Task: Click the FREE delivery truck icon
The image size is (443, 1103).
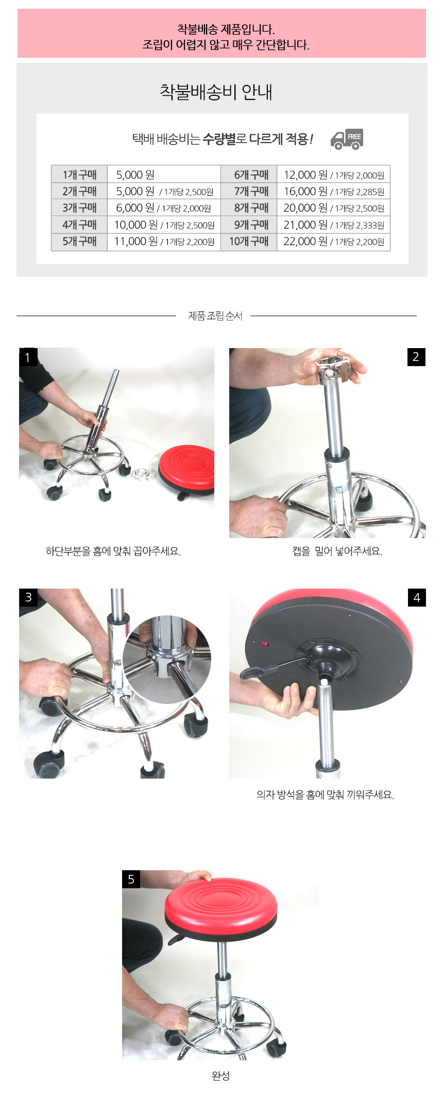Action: coord(347,139)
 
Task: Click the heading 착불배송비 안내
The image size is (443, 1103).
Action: coord(216,92)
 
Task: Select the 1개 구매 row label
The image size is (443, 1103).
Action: coord(79,175)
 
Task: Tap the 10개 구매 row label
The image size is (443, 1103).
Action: coord(249,241)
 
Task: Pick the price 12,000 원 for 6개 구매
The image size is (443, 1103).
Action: coord(305,175)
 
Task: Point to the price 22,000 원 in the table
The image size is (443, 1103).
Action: coord(305,241)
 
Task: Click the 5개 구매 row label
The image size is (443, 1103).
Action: coord(79,241)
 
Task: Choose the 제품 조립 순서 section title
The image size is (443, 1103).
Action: coord(215,316)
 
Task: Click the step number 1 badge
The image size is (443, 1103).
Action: coord(28,357)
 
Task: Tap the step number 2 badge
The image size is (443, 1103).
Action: coord(416,357)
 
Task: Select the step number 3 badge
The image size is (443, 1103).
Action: coord(28,597)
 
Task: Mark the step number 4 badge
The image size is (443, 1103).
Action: coord(417,597)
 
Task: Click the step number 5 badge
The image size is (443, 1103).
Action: coord(131,879)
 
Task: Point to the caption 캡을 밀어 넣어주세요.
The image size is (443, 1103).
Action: coord(337,551)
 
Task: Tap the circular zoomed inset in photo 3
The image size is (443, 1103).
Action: coord(167,659)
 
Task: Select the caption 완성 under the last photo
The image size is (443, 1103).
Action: coord(220,1076)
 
